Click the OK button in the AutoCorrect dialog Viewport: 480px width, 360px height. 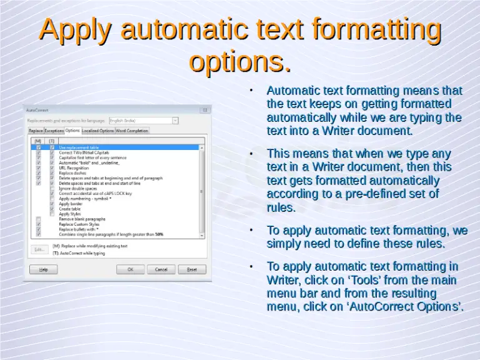(131, 269)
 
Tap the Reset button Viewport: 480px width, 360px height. (192, 269)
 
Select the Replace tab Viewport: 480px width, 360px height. (36, 131)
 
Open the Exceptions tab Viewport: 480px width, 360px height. (54, 131)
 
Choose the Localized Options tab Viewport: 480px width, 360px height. (98, 131)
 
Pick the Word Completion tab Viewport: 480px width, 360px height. (132, 131)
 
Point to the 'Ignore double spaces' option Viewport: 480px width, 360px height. (77, 188)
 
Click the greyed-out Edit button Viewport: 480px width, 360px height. (39, 249)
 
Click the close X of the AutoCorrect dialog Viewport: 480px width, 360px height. (206, 109)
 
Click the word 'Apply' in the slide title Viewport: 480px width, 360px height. (76, 30)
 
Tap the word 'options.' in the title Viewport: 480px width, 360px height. (240, 61)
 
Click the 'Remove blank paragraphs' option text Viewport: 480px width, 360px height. (82, 219)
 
